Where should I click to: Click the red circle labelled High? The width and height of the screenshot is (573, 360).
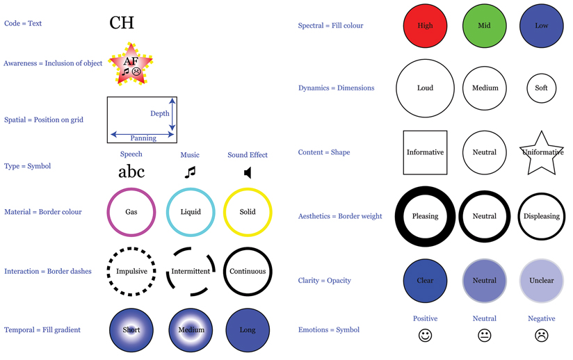[425, 26]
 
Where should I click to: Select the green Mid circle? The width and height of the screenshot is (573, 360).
[484, 26]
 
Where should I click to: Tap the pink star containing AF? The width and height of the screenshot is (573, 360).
[131, 65]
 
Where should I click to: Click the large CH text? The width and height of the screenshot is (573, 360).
[122, 23]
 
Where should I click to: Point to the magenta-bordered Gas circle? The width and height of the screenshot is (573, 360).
[131, 212]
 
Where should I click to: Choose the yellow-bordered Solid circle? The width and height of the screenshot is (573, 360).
[248, 212]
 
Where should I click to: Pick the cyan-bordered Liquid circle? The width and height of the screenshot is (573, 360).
[190, 212]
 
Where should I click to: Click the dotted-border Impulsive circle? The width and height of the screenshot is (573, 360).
[131, 271]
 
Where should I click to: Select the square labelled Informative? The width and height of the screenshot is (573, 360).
[425, 152]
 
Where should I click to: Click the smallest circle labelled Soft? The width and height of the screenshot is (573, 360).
[542, 88]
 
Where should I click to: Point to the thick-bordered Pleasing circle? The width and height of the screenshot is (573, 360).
[425, 216]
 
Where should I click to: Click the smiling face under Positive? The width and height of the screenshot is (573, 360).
[425, 336]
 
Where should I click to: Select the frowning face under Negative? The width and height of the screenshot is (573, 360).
[542, 336]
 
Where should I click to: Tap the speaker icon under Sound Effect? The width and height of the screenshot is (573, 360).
[248, 172]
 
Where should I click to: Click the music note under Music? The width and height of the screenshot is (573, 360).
[190, 172]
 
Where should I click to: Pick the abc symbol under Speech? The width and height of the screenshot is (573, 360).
[131, 172]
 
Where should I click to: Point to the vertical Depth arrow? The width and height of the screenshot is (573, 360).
[172, 113]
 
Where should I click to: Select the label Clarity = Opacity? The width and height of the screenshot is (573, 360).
[324, 281]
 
